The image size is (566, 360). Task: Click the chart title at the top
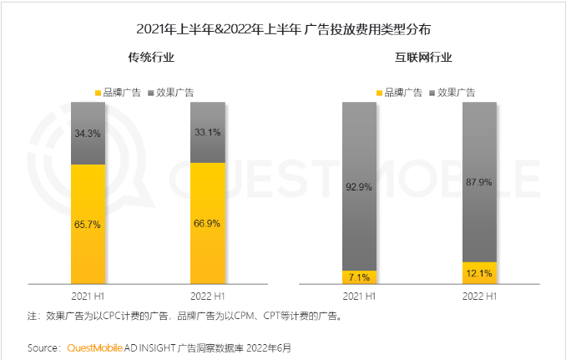(283, 29)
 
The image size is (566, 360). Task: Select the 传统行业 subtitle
(150, 58)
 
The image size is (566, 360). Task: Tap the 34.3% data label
(88, 133)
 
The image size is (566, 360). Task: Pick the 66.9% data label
(208, 224)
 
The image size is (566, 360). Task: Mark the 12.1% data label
(479, 273)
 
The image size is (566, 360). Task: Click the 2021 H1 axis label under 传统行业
(88, 296)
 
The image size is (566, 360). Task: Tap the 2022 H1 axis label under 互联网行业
(479, 296)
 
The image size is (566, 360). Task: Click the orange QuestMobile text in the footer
(93, 347)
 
